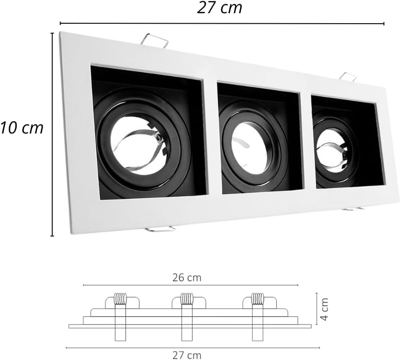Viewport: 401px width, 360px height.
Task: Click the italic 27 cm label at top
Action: coord(219,8)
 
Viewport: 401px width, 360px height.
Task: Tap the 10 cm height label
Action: coord(22,128)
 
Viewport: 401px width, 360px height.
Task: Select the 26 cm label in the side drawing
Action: coord(187,278)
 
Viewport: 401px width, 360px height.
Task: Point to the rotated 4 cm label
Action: coord(324,309)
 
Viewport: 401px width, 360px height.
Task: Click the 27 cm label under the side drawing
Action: coord(187,355)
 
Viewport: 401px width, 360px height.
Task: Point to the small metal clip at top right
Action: coord(348,77)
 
